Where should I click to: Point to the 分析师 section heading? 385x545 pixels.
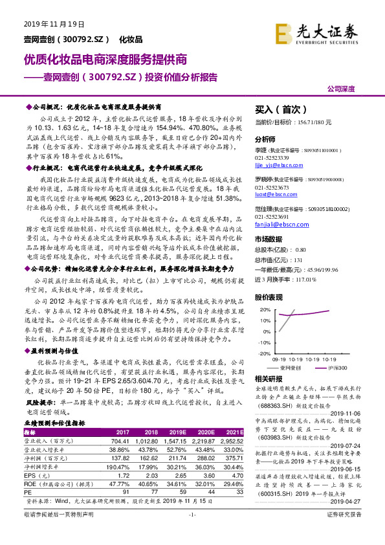click(x=265, y=140)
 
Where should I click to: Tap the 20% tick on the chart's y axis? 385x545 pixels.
click(x=264, y=310)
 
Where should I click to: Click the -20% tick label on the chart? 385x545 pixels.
click(x=263, y=353)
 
